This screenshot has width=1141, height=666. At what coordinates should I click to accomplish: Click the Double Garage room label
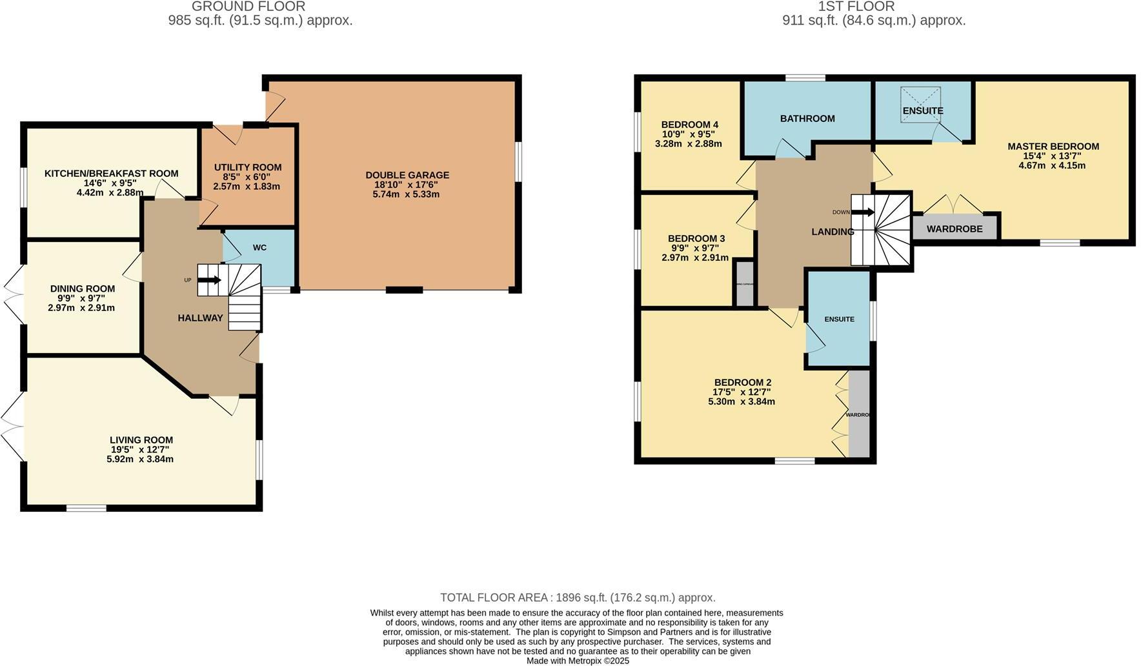pos(407,175)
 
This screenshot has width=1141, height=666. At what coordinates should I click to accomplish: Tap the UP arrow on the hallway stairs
pos(209,280)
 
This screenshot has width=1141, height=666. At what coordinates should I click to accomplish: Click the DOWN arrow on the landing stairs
pos(863,212)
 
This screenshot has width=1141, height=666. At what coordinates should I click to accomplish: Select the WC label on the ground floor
pos(259,248)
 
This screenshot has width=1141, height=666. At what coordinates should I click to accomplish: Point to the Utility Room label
pos(248,167)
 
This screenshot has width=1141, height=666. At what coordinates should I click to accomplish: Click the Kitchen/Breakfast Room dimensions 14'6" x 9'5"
pos(111,183)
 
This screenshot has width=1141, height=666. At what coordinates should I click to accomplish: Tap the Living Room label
pos(141,440)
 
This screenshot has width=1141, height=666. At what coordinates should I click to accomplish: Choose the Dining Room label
pos(83,288)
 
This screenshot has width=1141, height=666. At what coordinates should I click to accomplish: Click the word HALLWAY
pos(200,318)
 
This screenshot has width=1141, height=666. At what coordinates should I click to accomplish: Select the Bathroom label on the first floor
pos(807,119)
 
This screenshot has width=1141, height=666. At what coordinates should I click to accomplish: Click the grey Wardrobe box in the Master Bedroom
pos(954,229)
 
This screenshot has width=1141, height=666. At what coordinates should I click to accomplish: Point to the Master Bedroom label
pos(1053,146)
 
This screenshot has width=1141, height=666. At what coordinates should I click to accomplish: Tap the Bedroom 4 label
pos(689,125)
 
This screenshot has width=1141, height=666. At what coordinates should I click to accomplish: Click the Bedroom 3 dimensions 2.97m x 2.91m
pos(694,257)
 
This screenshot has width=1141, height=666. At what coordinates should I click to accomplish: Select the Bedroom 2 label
pos(742,382)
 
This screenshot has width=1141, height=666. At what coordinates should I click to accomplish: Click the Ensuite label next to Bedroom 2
pos(839,319)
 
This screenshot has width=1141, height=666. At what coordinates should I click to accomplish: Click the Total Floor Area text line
pos(577,598)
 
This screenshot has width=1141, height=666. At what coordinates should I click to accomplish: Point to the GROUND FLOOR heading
pos(248,6)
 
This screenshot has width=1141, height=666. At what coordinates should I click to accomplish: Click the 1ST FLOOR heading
pos(856,6)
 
